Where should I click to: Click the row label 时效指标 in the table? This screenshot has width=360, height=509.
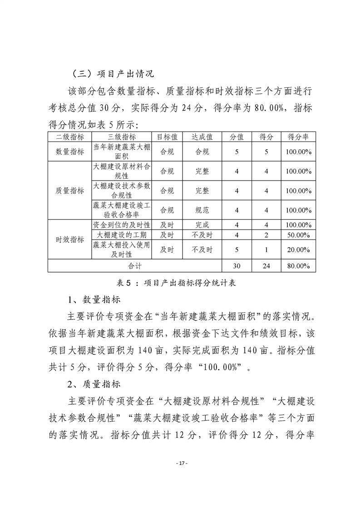pos(69,240)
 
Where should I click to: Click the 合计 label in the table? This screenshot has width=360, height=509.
pos(134,266)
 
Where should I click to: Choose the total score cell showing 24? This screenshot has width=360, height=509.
pos(266,266)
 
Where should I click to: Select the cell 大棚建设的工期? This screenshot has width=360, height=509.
pos(122,235)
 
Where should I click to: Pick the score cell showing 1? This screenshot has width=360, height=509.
pos(266,250)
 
